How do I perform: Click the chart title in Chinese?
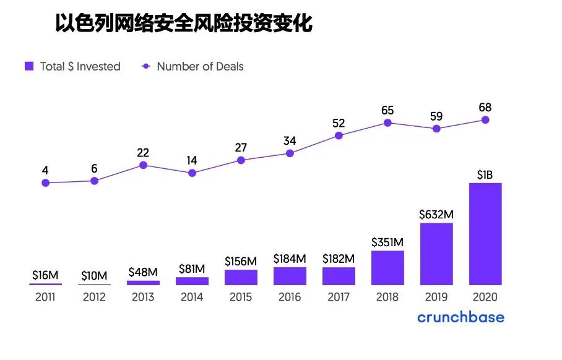[x=183, y=24]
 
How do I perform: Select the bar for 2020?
[x=485, y=234]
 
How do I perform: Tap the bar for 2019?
[x=436, y=254]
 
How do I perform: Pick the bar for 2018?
[x=387, y=268]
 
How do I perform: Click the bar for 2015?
[x=241, y=277]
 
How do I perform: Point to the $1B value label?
[x=485, y=175]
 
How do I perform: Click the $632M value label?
[x=436, y=215]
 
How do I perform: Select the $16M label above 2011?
[x=45, y=275]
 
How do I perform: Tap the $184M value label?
[x=290, y=259]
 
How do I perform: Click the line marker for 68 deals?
[x=485, y=120]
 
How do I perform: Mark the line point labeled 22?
[x=143, y=165]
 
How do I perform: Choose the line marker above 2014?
[x=192, y=173]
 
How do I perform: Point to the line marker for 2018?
[x=387, y=122]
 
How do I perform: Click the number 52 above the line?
[x=339, y=123]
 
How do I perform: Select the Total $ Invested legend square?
[x=29, y=66]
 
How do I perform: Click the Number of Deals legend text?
[x=200, y=66]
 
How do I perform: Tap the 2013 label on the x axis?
[x=143, y=297]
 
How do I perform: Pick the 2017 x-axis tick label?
[x=339, y=297]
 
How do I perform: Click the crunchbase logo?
[x=460, y=318]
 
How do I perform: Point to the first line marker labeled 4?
[x=45, y=183]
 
